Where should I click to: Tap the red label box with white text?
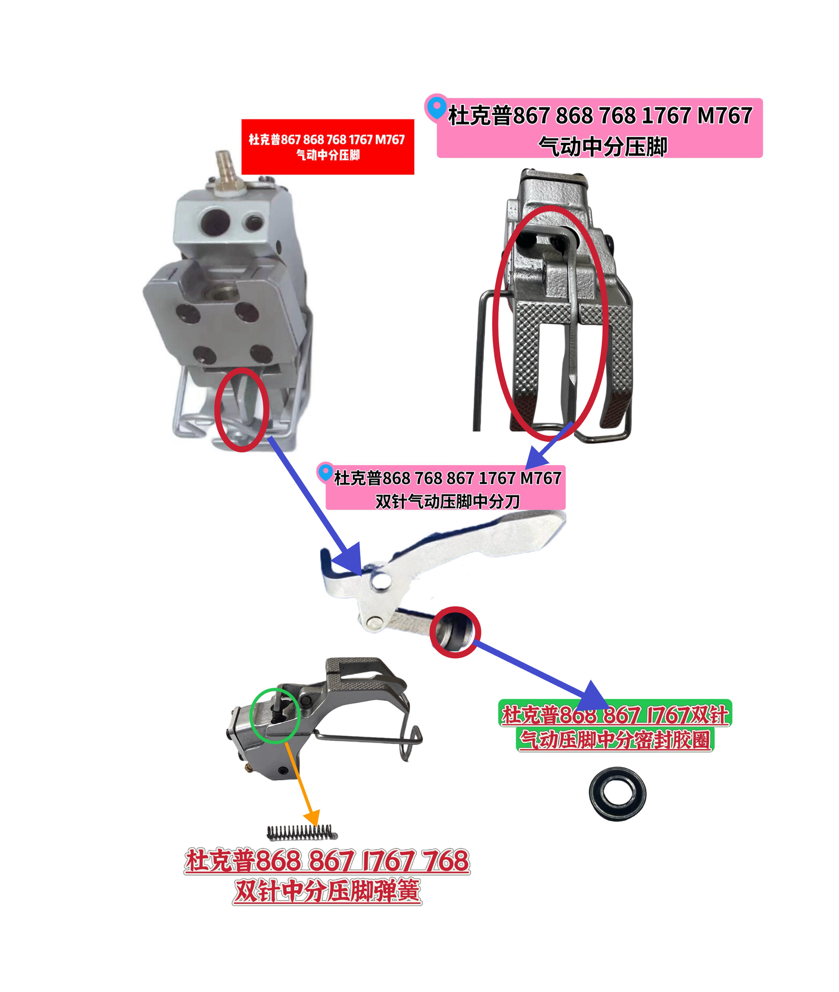328,147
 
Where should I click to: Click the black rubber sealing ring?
617,793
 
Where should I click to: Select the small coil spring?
302,832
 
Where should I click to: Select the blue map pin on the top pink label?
436,108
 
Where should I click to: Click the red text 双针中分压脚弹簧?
327,891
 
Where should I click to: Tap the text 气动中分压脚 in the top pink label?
602,147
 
